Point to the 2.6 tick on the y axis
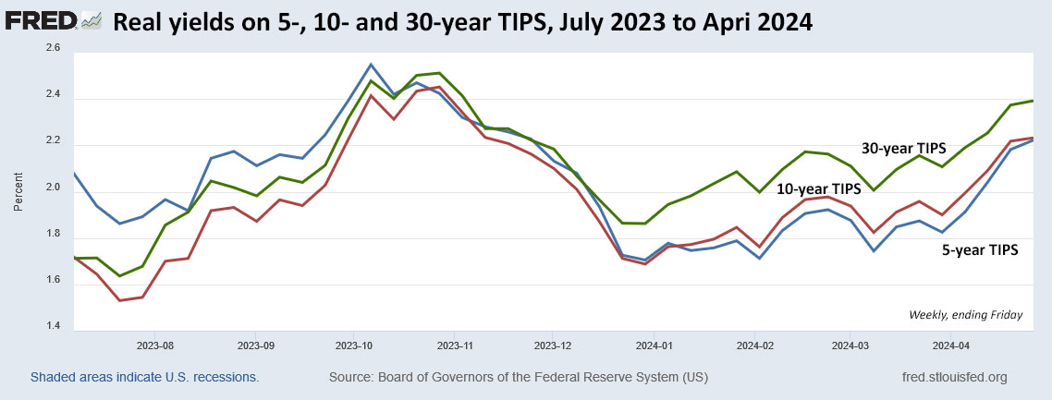[x=53, y=48]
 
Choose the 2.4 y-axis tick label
[x=53, y=95]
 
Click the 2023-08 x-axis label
[x=154, y=347]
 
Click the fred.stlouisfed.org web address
[x=953, y=378]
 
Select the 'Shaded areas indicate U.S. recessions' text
[x=144, y=378]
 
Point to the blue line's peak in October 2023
[x=371, y=64]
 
